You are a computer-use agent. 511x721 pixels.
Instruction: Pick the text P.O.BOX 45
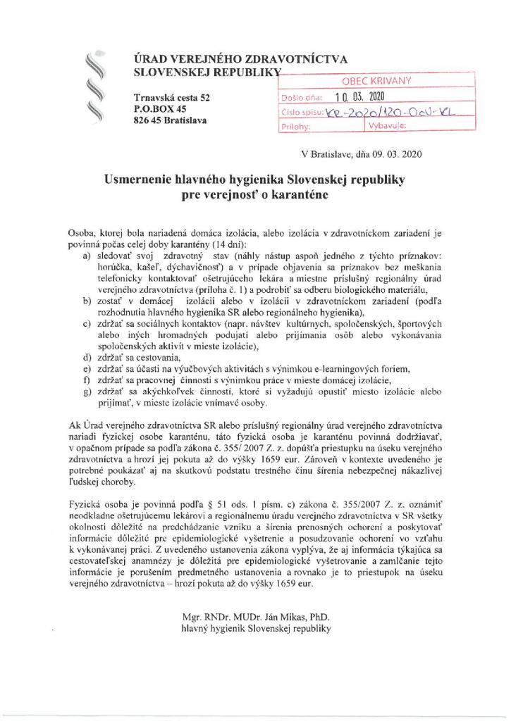[159, 109]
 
